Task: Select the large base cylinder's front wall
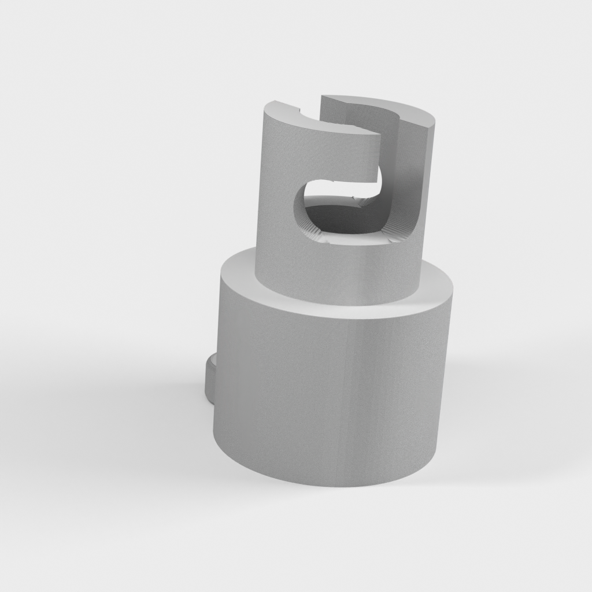tap(330, 393)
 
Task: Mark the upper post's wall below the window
tap(335, 272)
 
